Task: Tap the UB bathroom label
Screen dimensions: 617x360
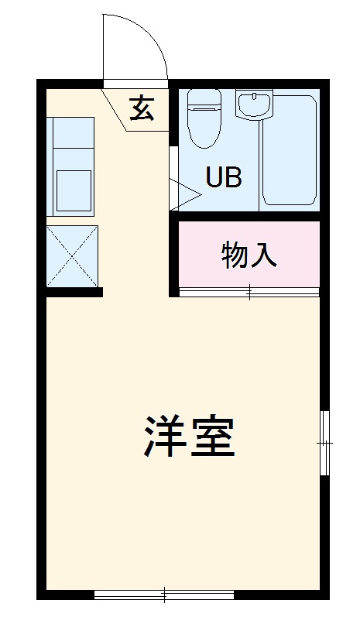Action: click(x=223, y=177)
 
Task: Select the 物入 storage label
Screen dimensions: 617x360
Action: click(x=249, y=254)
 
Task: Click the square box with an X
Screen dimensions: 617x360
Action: click(x=72, y=255)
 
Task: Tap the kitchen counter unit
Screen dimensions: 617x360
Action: click(x=71, y=166)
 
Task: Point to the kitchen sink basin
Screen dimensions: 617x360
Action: click(x=73, y=190)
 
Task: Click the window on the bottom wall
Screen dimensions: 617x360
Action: click(x=164, y=595)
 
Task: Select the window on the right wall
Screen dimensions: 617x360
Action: click(x=324, y=442)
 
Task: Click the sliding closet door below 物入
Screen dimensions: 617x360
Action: click(x=249, y=292)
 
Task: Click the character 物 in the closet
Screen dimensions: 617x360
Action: click(x=235, y=254)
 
